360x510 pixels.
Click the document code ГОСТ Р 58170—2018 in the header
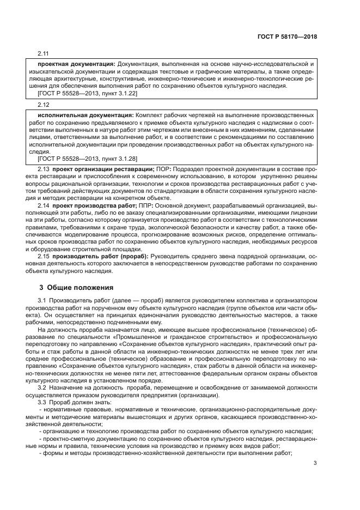pyautogui.click(x=287, y=37)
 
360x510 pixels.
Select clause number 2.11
pyautogui.click(x=43, y=54)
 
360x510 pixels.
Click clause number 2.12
pyautogui.click(x=43, y=105)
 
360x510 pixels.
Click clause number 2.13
pyautogui.click(x=43, y=170)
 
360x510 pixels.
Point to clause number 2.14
pyautogui.click(x=43, y=205)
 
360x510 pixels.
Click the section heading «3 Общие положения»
pyautogui.click(x=76, y=287)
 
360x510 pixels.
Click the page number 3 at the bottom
pyautogui.click(x=315, y=464)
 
